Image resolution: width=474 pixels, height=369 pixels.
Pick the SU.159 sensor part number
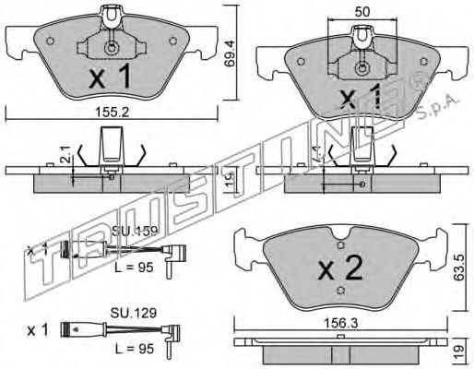(129, 232)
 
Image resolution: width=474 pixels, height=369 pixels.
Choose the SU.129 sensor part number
(130, 314)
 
